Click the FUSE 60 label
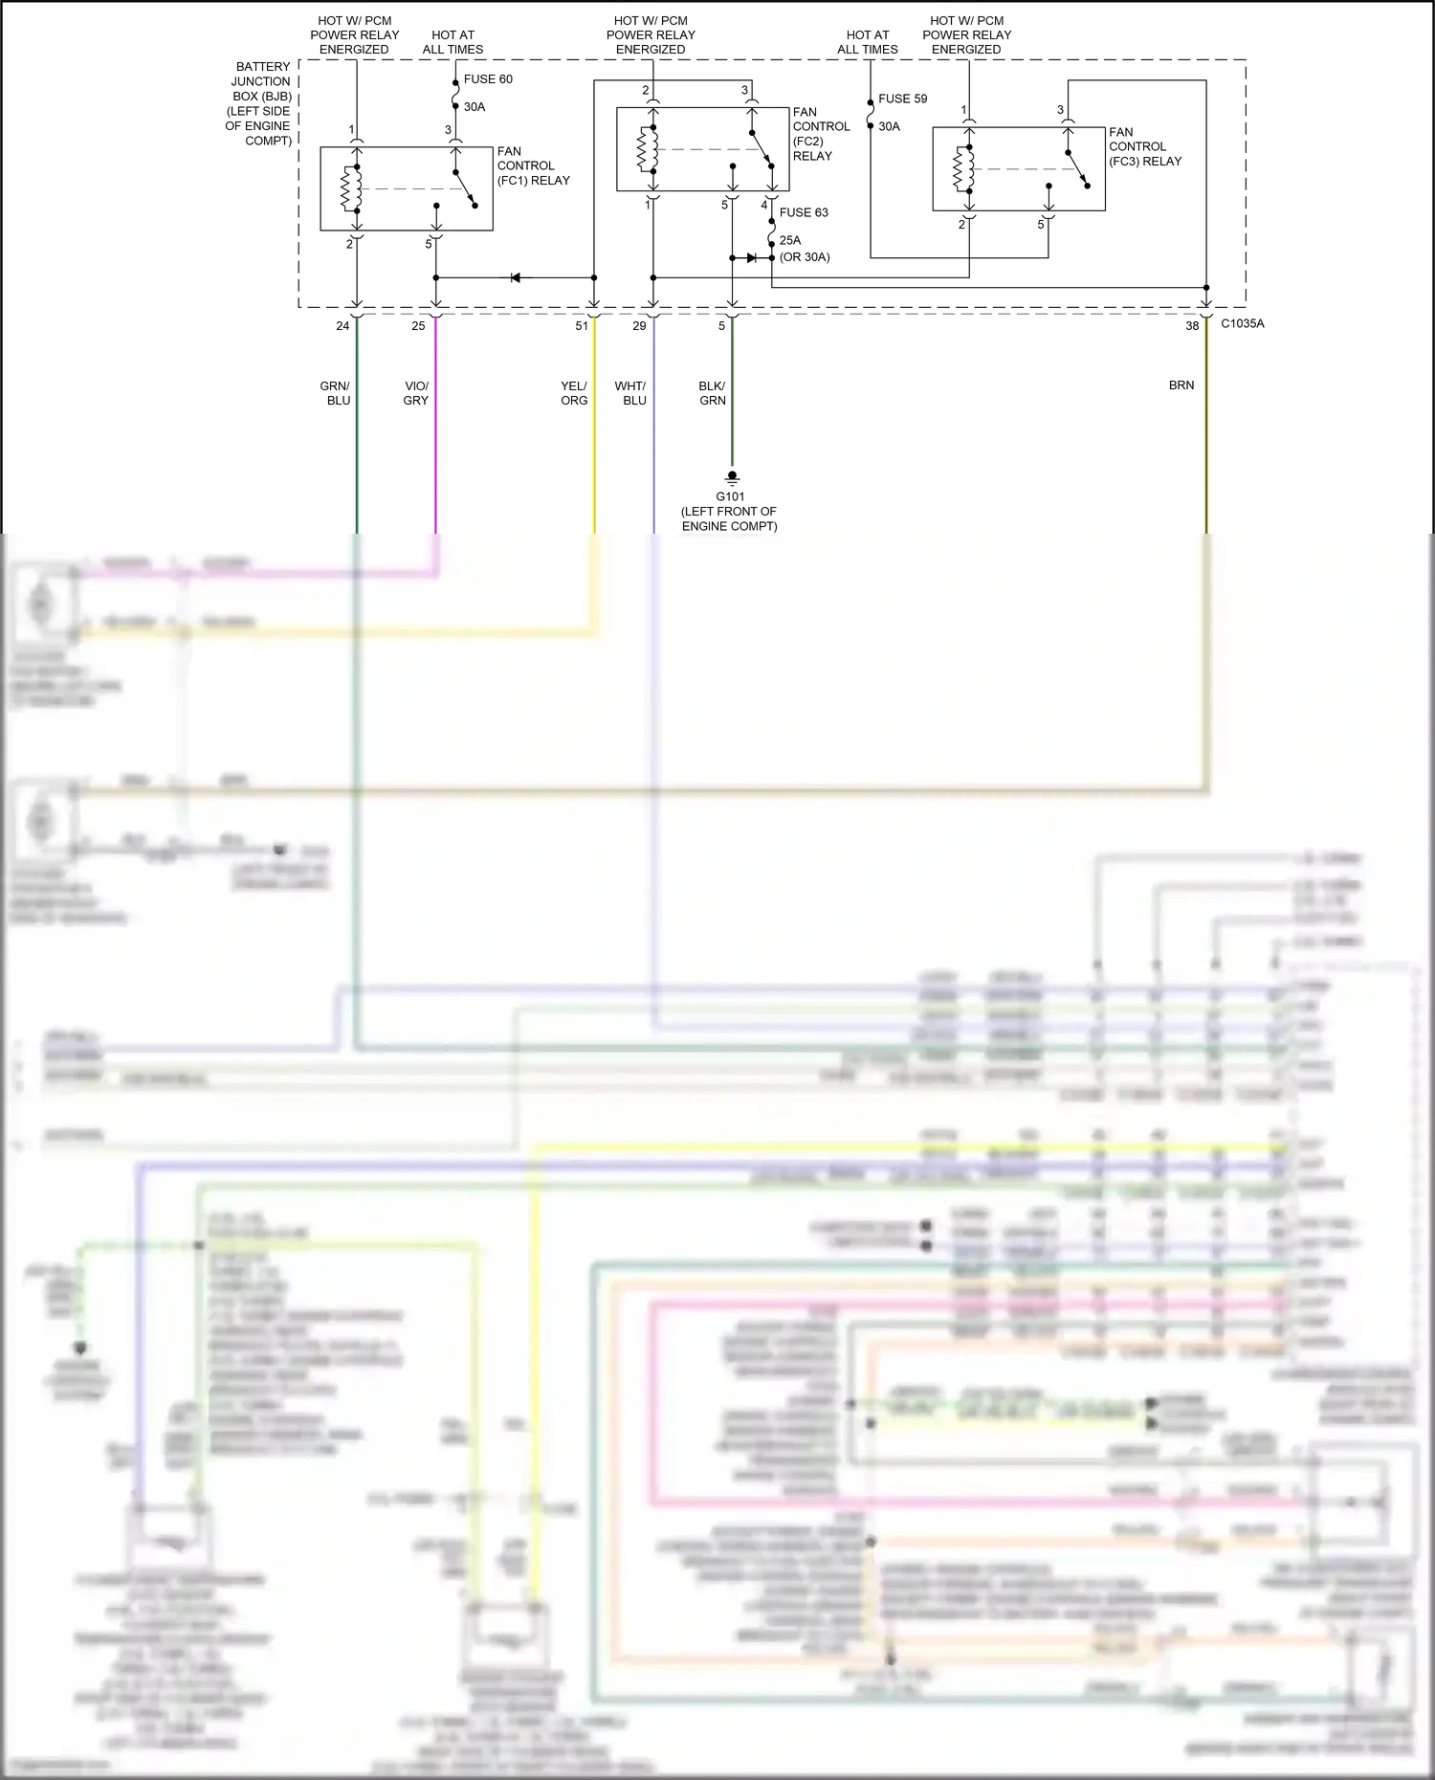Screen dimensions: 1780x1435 pos(488,79)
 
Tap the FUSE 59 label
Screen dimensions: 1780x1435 pos(902,99)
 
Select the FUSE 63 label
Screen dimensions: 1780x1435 pos(804,212)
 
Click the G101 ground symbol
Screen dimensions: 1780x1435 pos(732,477)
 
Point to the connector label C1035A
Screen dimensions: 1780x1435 pos(1242,324)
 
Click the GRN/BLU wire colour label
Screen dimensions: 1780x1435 pos(336,393)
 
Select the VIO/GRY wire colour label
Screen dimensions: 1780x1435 pos(416,393)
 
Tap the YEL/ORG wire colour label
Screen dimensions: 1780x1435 pos(574,393)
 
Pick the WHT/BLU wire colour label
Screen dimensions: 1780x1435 pos(630,393)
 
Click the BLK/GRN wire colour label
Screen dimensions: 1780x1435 pos(712,393)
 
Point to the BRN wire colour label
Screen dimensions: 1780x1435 pos(1181,385)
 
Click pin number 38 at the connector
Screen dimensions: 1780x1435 pos(1192,326)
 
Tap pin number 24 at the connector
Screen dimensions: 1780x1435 pos(342,326)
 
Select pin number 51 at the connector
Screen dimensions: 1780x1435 pos(582,326)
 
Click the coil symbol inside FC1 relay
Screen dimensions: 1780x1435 pos(351,188)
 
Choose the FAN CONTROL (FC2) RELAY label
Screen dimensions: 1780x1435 pos(820,134)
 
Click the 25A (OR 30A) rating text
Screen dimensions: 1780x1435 pos(804,249)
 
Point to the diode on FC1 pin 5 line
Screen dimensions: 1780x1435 pos(515,277)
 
